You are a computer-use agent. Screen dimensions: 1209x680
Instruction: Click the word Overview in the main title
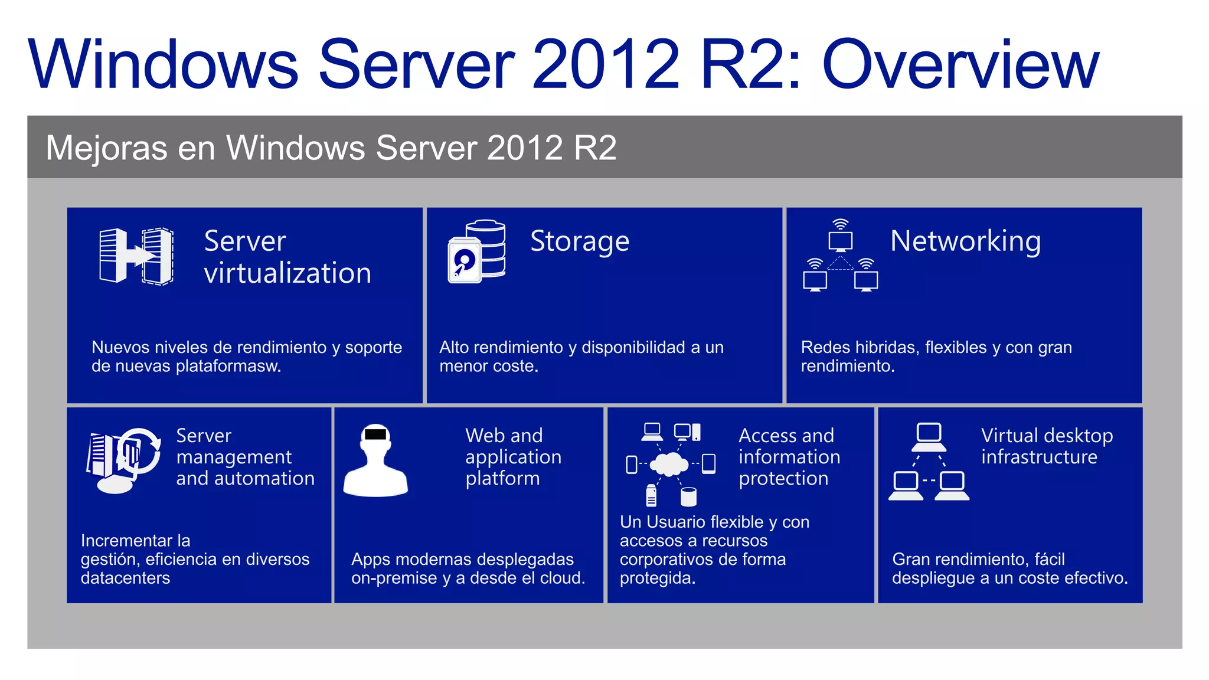(x=960, y=65)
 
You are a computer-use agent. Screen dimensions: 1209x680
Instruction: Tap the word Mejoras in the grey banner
(x=106, y=148)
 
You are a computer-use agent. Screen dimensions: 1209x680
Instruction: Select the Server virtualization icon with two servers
(x=136, y=256)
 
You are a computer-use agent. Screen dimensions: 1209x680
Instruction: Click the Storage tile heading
(x=580, y=241)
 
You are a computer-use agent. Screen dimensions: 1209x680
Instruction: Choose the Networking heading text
(x=965, y=241)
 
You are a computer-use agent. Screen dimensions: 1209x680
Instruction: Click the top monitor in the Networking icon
(x=840, y=240)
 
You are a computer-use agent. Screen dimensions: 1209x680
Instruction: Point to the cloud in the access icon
(x=669, y=464)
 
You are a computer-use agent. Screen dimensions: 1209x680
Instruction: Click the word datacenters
(x=125, y=578)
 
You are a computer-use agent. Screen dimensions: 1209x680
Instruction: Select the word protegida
(x=657, y=578)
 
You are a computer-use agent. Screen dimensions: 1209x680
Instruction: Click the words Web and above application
(x=504, y=436)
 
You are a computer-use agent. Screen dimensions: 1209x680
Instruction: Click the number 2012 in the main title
(x=606, y=65)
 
